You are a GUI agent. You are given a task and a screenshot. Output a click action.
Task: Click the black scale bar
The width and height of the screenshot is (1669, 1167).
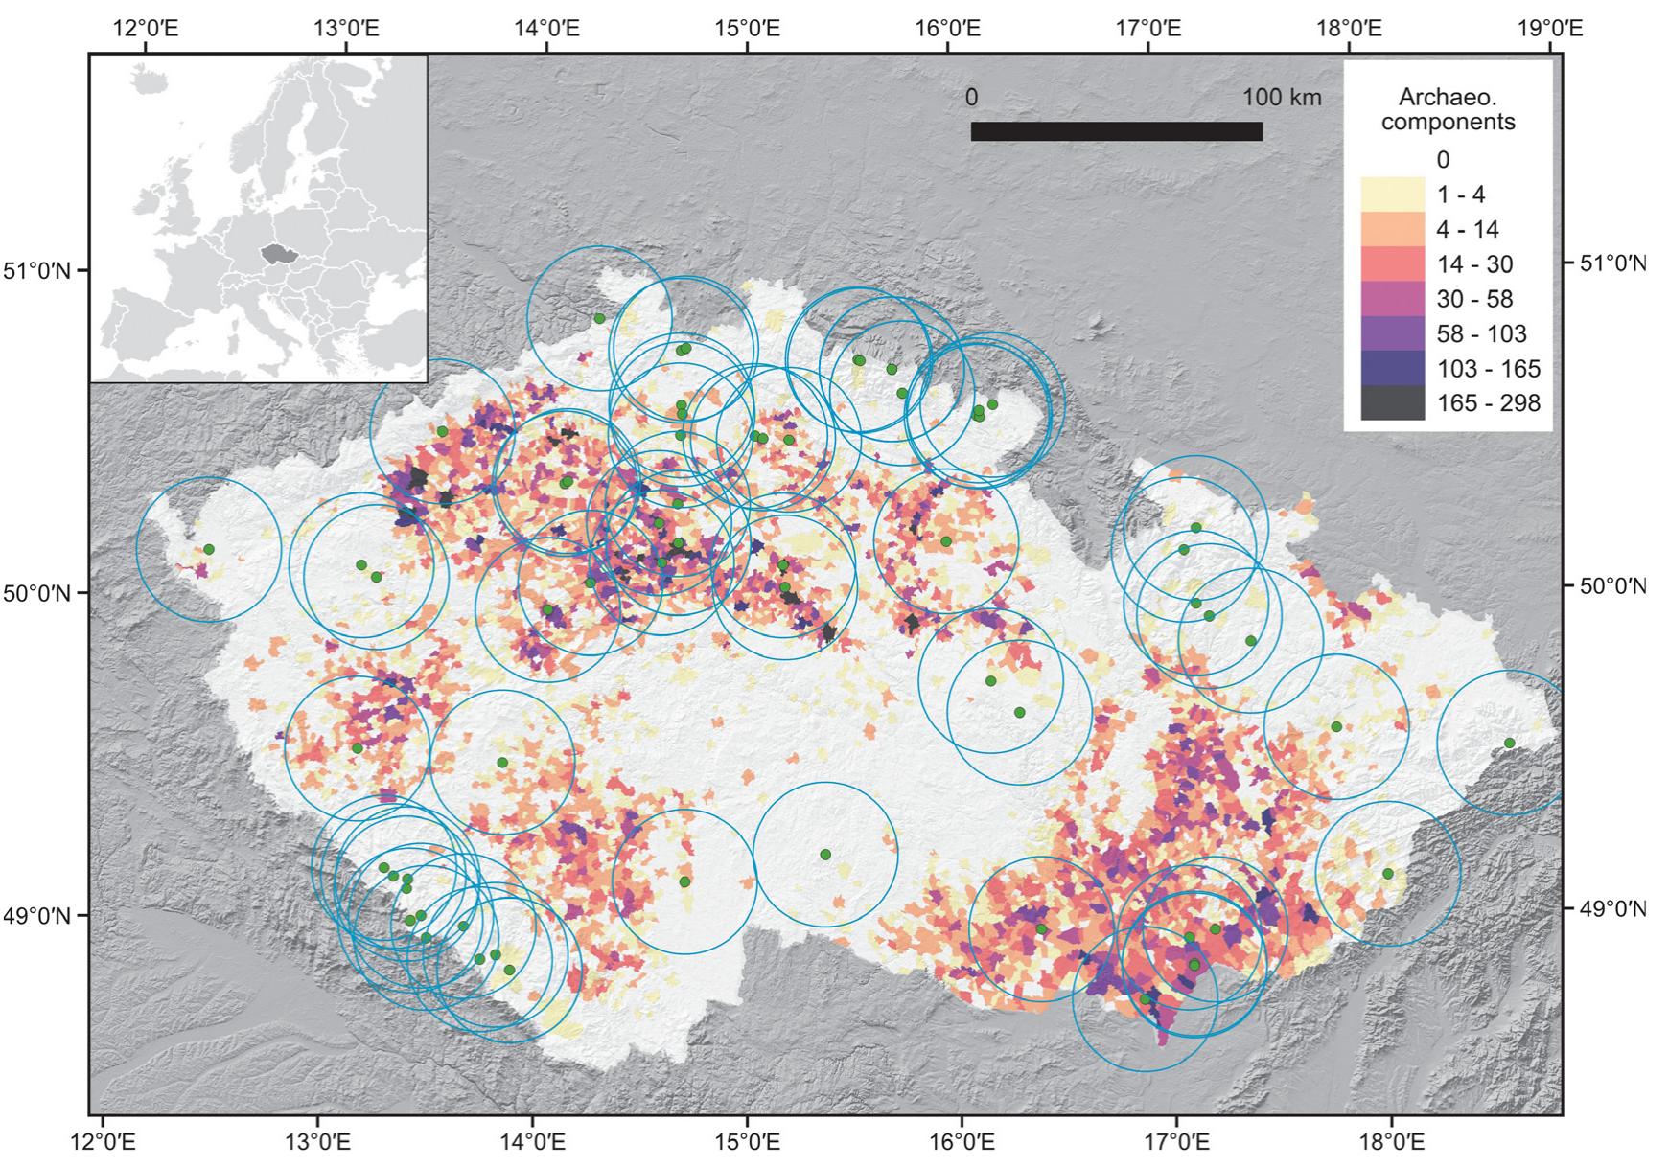point(1116,131)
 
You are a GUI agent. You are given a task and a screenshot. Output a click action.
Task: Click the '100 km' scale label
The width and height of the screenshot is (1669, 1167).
point(1282,97)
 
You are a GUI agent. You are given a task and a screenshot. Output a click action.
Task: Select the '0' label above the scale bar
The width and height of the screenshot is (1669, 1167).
point(971,97)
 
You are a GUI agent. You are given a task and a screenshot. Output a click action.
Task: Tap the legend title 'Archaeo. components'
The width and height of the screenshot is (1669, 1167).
point(1448,109)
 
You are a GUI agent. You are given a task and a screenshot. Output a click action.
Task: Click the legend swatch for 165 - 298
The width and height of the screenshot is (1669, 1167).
point(1392,403)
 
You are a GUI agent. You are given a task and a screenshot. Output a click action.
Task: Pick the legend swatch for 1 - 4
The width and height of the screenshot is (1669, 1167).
point(1392,194)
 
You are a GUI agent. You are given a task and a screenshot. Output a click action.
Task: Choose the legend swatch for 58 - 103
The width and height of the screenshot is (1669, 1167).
point(1392,333)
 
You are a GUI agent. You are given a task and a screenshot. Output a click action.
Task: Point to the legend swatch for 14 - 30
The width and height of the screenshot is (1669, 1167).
point(1392,264)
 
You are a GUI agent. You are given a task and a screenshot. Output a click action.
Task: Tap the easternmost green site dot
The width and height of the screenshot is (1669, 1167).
point(1509,743)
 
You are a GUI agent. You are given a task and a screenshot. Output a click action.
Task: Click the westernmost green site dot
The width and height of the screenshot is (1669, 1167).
point(209,549)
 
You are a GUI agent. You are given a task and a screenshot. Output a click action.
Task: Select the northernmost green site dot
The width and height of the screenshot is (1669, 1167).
point(599,318)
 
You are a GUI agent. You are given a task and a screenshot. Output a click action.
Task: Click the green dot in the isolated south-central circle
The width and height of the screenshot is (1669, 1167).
point(825,854)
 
